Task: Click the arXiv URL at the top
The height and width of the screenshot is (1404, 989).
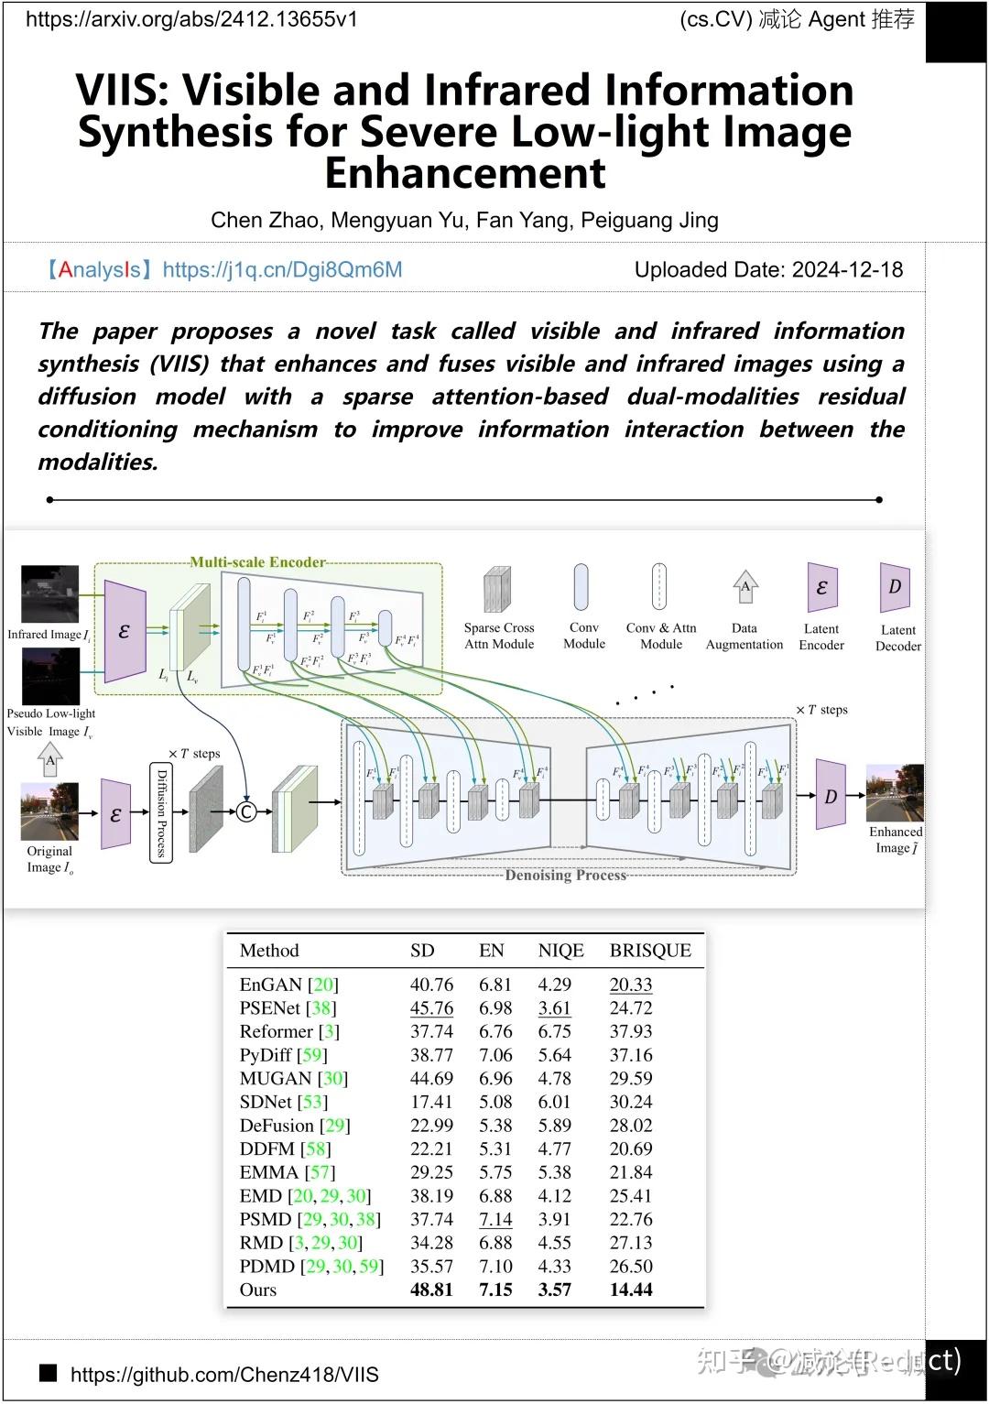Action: coord(191,19)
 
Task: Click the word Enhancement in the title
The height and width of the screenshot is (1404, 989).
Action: coord(465,173)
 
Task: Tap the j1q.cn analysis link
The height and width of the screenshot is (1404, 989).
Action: coord(282,270)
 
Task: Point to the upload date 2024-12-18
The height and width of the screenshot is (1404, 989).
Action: coord(847,270)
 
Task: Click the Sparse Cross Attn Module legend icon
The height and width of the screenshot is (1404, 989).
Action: coord(498,589)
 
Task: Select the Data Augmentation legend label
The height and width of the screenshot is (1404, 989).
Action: coord(744,637)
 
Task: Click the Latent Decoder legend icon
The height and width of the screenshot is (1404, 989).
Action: coord(895,587)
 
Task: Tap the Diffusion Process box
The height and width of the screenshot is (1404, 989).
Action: coord(160,811)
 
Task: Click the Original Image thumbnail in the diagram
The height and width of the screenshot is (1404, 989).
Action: coord(49,811)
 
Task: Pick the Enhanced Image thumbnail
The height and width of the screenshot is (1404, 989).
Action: coord(895,793)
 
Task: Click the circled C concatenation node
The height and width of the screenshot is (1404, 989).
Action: coord(246,811)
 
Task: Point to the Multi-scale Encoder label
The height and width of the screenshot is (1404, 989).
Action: coord(257,562)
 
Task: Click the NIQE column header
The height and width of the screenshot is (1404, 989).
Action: coord(560,951)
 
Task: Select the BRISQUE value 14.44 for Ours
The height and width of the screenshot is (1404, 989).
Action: coord(631,1290)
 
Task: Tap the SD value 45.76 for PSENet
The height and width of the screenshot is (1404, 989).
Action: coord(431,1008)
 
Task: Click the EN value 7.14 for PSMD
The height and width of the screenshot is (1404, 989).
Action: coord(495,1220)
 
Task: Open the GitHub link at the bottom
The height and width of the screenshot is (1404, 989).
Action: coord(224,1375)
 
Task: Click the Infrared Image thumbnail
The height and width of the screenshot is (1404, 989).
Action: coord(49,594)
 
